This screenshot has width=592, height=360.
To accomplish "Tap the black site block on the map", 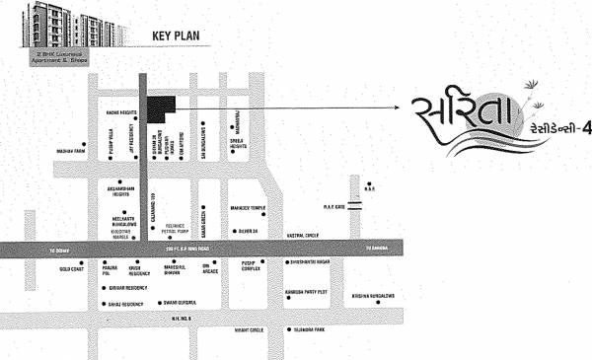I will (160, 108).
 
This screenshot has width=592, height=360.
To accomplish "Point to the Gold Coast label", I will (71, 267).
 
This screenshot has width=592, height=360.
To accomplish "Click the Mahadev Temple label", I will (248, 208).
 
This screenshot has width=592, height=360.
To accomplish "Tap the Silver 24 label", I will (246, 230).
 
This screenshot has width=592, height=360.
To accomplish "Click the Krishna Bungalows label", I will (376, 295).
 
